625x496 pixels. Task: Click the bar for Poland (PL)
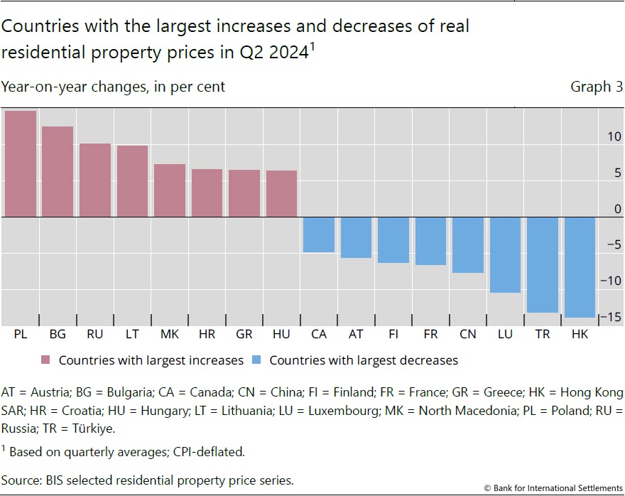pos(21,164)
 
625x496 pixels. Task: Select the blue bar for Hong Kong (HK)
pos(580,267)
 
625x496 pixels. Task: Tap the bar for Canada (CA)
pos(319,234)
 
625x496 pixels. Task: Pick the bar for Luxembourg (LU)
pos(505,254)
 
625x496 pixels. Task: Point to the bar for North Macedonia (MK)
pos(170,190)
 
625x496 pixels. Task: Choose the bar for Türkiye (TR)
pos(542,264)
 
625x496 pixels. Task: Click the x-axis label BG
pos(58,334)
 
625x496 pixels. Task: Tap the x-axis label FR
pos(430,334)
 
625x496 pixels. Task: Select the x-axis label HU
pos(281,334)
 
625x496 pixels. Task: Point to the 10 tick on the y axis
pos(612,136)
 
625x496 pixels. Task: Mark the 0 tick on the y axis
pos(616,209)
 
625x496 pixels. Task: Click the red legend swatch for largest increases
pos(48,360)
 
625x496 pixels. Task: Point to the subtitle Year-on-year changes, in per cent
pos(113,87)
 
